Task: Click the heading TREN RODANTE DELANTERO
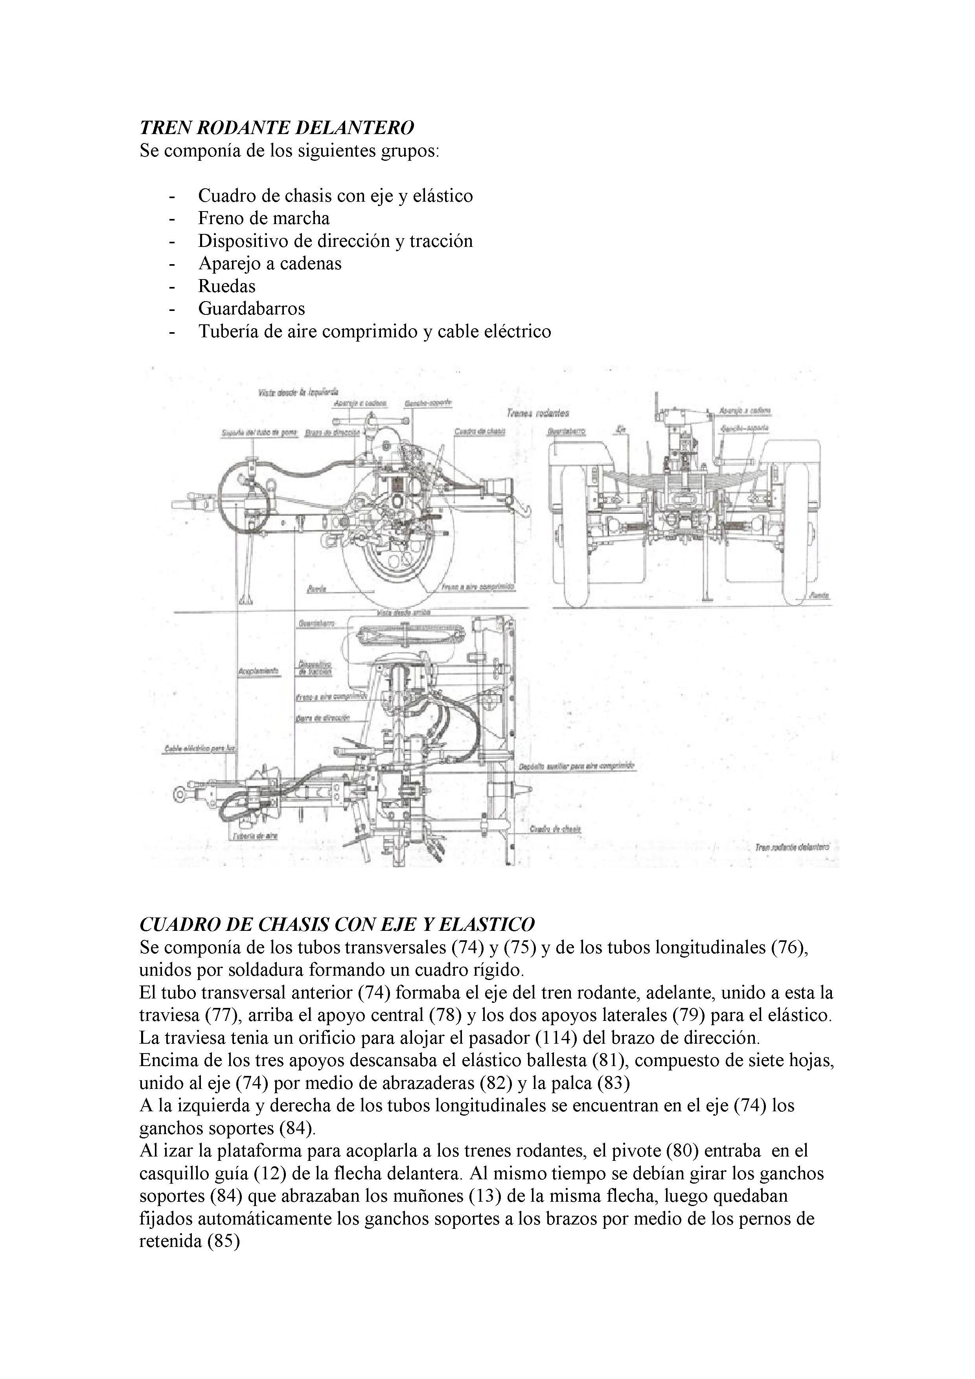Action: [276, 127]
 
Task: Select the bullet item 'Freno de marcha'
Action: [264, 218]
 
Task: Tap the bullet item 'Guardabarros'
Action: [251, 309]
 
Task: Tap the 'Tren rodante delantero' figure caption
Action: [792, 847]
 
